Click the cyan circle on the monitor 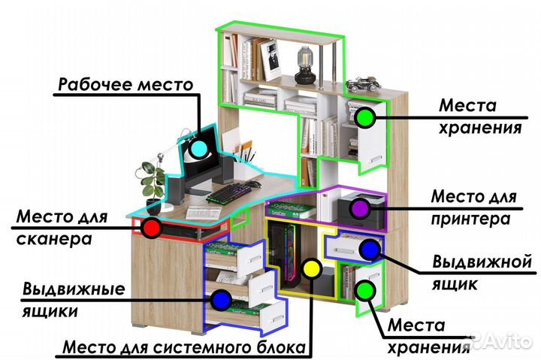click(198, 147)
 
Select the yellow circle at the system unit click(310, 268)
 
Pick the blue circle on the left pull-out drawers click(220, 300)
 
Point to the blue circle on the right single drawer click(368, 249)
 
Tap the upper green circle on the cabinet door click(364, 117)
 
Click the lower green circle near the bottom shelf click(366, 289)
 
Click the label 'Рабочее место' click(126, 84)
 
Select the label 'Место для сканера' click(62, 229)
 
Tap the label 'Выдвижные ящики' click(73, 299)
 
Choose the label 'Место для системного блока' click(185, 348)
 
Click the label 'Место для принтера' click(473, 208)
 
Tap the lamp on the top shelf click(305, 65)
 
